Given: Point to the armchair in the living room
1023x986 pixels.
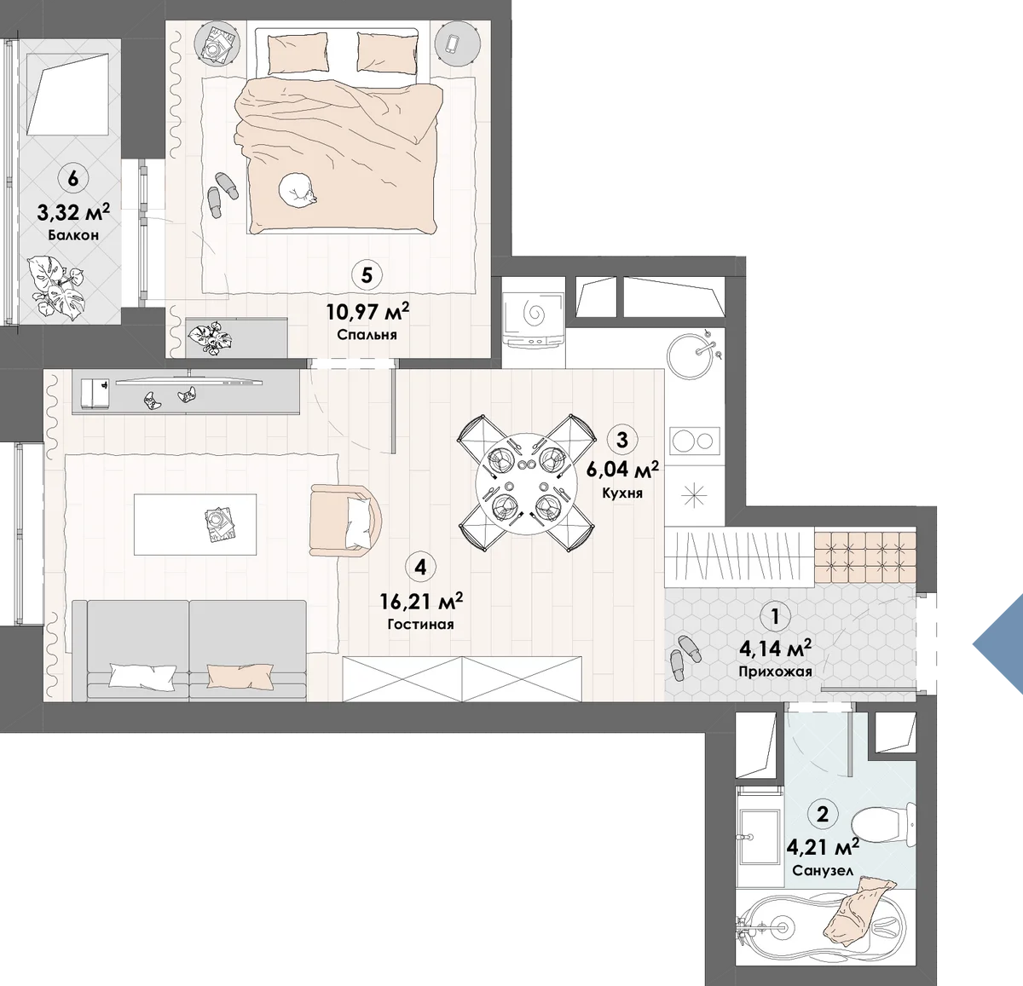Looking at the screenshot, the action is click(345, 521).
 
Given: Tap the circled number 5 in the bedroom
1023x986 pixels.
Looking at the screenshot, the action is click(367, 275).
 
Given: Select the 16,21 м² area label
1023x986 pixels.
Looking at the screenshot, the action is click(421, 602).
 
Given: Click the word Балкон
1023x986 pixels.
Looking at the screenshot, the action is click(73, 235).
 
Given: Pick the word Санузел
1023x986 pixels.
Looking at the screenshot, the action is click(823, 870).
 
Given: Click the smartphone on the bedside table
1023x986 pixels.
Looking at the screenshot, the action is click(453, 43).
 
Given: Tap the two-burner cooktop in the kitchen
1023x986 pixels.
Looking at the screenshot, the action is click(695, 440).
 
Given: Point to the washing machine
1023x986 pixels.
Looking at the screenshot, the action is click(534, 318).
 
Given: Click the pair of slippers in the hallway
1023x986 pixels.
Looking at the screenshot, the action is click(685, 657).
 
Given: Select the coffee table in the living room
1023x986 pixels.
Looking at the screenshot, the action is click(195, 524).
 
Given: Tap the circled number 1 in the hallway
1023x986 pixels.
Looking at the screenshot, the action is click(775, 616).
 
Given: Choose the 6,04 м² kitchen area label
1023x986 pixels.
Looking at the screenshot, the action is click(622, 470).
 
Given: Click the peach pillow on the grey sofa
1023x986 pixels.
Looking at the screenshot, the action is click(240, 676).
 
